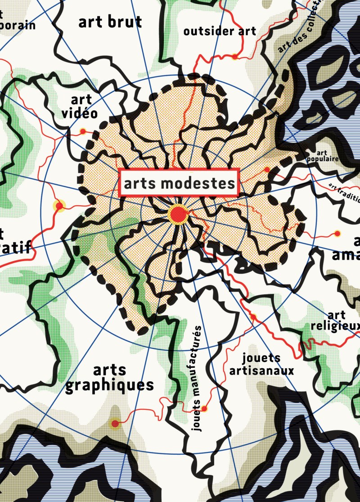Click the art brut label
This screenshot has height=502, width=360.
pyautogui.click(x=110, y=22)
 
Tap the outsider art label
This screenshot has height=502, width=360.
pyautogui.click(x=220, y=31)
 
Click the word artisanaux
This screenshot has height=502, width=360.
pyautogui.click(x=261, y=371)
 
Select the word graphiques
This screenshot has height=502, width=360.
pyautogui.click(x=110, y=385)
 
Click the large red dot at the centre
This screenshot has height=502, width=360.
pyautogui.click(x=178, y=214)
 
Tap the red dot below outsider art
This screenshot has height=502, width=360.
pyautogui.click(x=234, y=57)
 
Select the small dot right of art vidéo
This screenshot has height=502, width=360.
pyautogui.click(x=83, y=131)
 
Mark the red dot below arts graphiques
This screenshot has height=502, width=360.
pyautogui.click(x=115, y=424)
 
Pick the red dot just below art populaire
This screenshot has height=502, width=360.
pyautogui.click(x=267, y=170)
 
